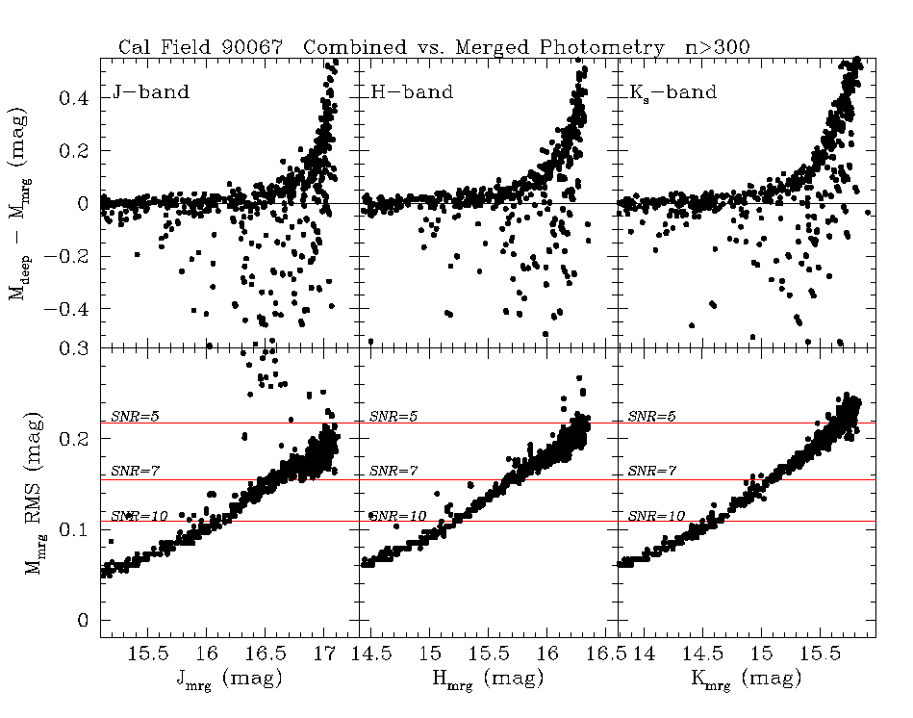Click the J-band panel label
point(150,93)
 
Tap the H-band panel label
point(412,93)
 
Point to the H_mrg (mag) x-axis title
point(487,679)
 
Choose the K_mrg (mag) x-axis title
point(746,679)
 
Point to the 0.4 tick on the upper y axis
point(75,98)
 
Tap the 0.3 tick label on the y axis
point(75,347)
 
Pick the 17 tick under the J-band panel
point(325,654)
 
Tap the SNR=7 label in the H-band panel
point(390,473)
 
